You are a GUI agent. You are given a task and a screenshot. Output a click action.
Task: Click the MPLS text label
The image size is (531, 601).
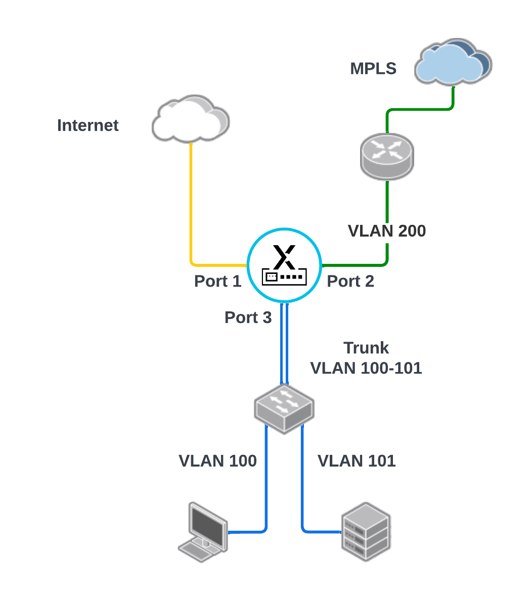(373, 68)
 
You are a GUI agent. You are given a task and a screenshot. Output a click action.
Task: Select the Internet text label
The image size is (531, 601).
(87, 125)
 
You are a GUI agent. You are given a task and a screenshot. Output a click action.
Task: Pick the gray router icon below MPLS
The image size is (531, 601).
(387, 156)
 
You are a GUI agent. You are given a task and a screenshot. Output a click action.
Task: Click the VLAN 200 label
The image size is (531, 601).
(387, 231)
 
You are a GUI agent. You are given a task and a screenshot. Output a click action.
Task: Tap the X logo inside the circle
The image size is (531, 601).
(284, 257)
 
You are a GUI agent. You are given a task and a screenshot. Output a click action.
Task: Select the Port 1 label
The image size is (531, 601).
(217, 281)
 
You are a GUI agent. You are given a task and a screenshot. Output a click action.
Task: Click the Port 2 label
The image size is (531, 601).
(350, 281)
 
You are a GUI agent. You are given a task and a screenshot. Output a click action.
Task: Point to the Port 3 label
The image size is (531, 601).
(248, 317)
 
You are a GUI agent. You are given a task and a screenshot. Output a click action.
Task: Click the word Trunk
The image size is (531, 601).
(366, 348)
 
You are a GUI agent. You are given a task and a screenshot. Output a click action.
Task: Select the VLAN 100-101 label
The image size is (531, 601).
(366, 368)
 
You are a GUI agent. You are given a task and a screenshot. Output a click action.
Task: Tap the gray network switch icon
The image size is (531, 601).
(284, 407)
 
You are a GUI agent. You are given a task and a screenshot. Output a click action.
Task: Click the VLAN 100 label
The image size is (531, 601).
(217, 461)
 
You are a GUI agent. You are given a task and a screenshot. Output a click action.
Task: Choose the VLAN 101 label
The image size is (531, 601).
(357, 461)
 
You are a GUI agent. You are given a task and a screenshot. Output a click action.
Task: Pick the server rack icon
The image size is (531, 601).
(366, 532)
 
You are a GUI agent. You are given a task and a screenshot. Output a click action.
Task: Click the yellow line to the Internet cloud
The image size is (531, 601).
(191, 202)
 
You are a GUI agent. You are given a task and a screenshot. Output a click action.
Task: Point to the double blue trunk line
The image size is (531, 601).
(284, 344)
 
